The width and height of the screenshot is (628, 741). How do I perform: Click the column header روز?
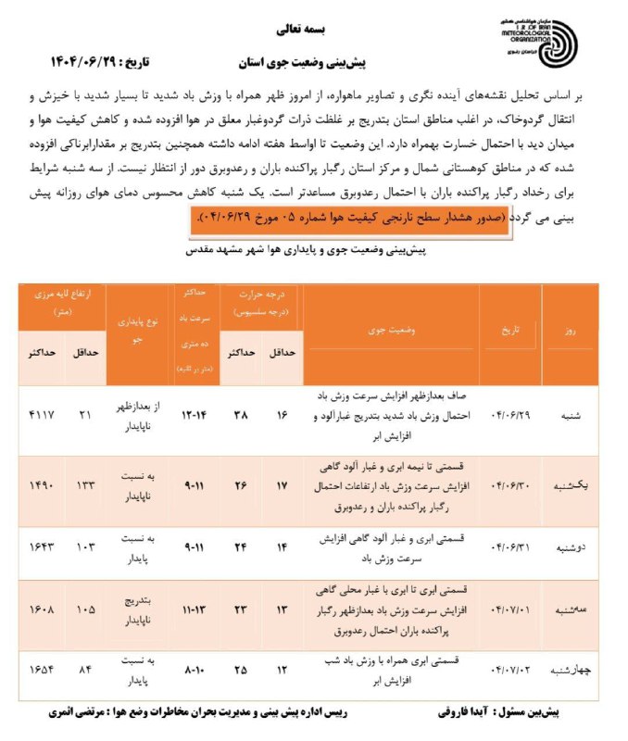tap(569, 331)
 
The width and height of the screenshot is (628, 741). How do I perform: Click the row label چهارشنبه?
tap(569, 670)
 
